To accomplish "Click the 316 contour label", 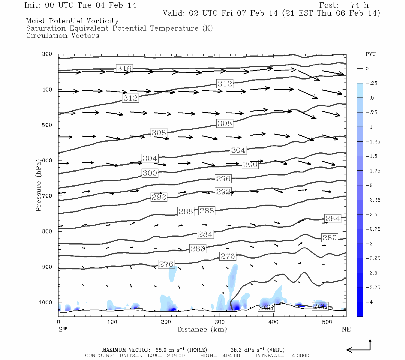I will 124,68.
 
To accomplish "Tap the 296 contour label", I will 223,178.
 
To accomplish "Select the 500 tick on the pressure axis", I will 47,125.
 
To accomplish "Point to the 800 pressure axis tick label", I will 47,231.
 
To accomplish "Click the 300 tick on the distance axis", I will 220,322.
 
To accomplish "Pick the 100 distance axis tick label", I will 112,322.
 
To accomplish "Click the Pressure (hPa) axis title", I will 38,185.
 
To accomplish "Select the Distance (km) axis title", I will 202,329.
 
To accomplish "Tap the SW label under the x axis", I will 63,329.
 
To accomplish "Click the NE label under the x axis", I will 346,329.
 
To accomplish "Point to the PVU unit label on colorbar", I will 370,54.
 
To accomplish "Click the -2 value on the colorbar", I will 369,185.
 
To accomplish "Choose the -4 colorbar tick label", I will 369,302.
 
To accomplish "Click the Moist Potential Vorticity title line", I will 72,21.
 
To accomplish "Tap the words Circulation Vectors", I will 62,35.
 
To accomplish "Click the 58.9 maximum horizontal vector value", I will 160,350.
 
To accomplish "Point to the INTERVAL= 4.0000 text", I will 282,355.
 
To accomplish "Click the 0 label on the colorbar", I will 367,69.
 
